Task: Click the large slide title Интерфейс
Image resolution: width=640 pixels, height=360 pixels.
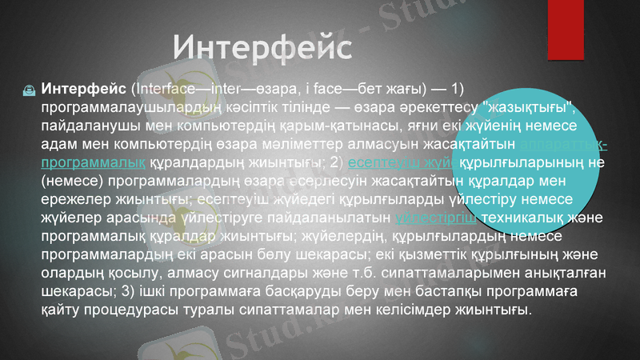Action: (x=263, y=46)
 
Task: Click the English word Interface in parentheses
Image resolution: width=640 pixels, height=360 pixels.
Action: (x=160, y=87)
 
